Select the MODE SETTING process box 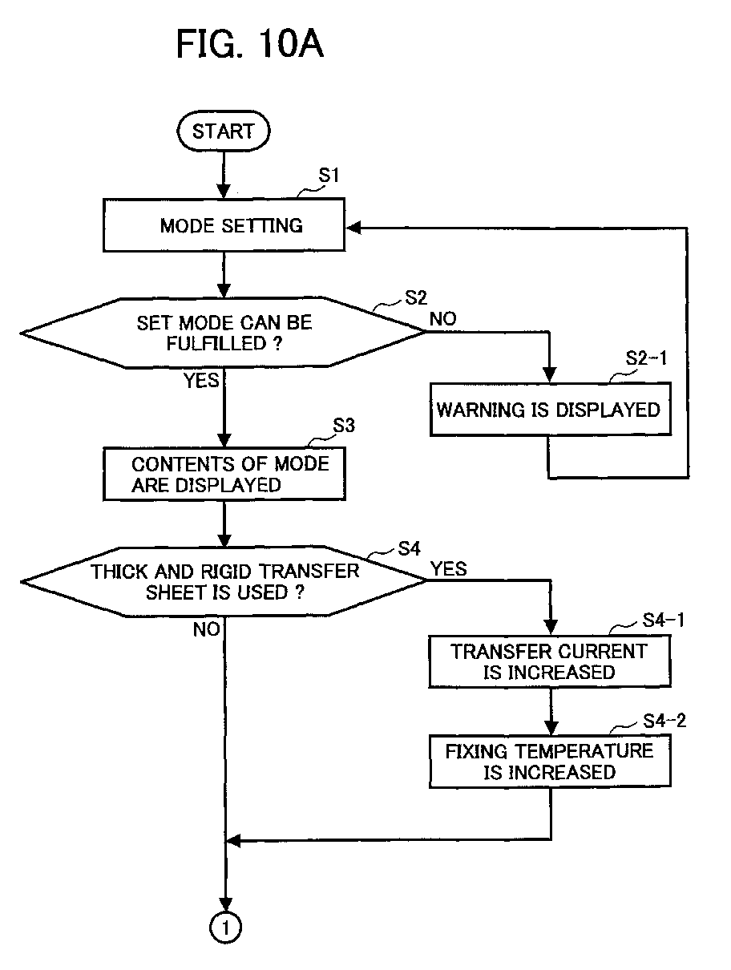[x=224, y=225]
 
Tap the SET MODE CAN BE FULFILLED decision [x=223, y=333]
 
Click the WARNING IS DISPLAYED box [x=551, y=409]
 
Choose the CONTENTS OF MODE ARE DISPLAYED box [x=224, y=474]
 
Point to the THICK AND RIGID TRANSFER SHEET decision [x=223, y=581]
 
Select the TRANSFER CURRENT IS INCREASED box [x=550, y=661]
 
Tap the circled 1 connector [x=225, y=928]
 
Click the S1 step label [x=329, y=176]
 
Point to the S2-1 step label [x=646, y=358]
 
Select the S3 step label [x=344, y=425]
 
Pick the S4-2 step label [x=664, y=721]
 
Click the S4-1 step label [x=664, y=620]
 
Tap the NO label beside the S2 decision [x=443, y=318]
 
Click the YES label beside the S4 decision [x=449, y=568]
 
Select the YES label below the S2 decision [x=201, y=381]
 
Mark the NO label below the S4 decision [x=206, y=630]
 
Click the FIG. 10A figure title [x=250, y=43]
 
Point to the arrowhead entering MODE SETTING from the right [x=353, y=228]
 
